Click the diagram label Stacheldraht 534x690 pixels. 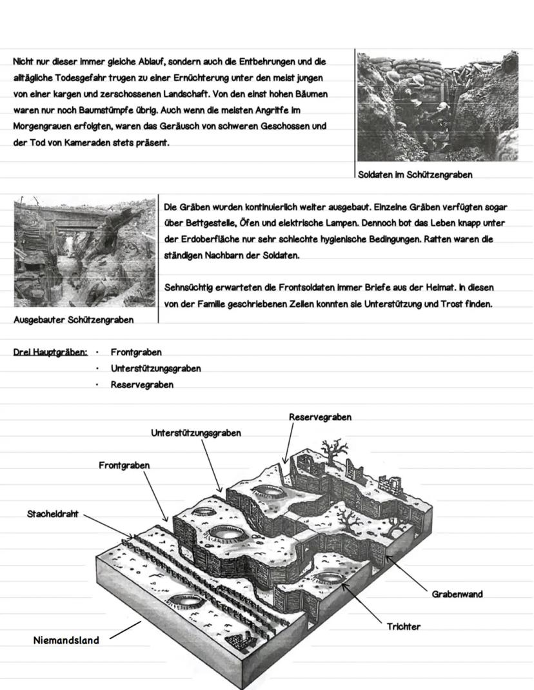(x=52, y=514)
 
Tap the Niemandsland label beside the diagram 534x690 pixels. (x=66, y=640)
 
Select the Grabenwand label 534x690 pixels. (x=457, y=594)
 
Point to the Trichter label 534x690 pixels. (x=403, y=626)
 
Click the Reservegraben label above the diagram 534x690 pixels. (x=320, y=417)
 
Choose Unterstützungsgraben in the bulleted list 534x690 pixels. (x=155, y=368)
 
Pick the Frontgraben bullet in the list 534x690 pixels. (x=136, y=352)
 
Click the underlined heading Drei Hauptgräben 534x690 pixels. (x=50, y=352)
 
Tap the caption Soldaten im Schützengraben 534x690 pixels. (x=415, y=175)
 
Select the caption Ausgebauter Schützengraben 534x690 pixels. (x=74, y=320)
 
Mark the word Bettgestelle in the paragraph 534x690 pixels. (x=201, y=223)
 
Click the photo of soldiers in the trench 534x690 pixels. (x=437, y=106)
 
